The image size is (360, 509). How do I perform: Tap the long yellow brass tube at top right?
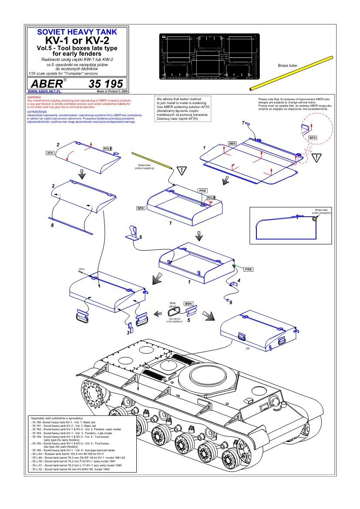tap(291, 73)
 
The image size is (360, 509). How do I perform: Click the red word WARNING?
tap(34, 97)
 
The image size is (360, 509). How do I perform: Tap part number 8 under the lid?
tap(52, 226)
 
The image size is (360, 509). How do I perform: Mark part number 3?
tap(128, 332)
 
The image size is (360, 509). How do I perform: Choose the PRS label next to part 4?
tap(248, 269)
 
